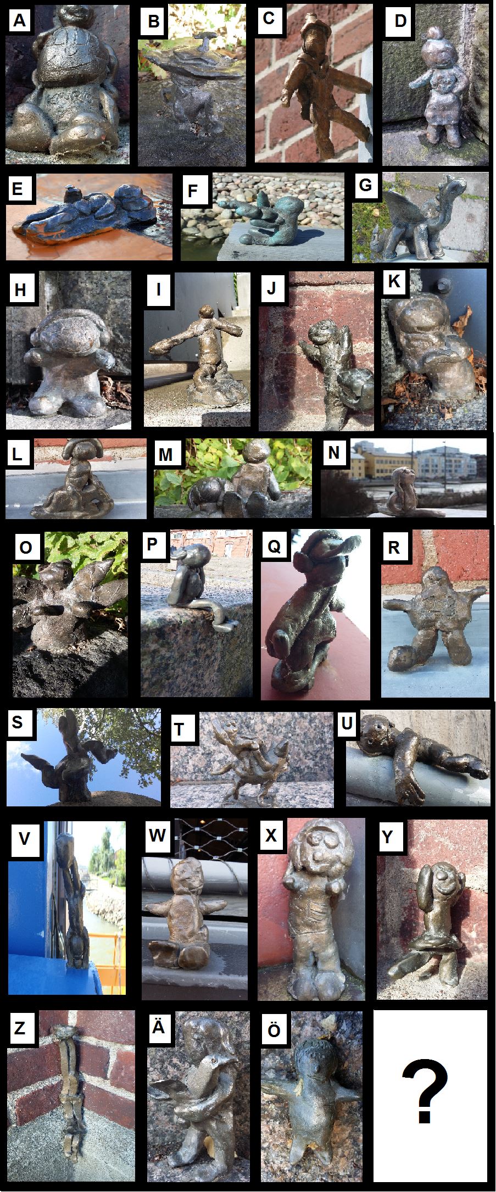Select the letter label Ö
[274, 1031]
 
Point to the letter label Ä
[158, 1027]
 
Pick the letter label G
[365, 185]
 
